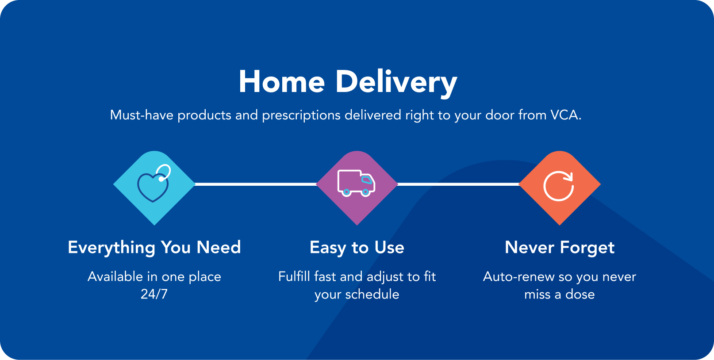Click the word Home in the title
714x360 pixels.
coord(282,82)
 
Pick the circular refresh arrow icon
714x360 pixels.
coord(559,186)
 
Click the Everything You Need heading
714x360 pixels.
coord(154,248)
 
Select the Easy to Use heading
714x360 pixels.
coord(357,248)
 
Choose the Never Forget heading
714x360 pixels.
coord(560,248)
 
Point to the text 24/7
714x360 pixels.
coord(154,294)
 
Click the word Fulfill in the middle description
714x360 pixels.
coord(294,277)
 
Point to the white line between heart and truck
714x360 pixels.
coord(256,184)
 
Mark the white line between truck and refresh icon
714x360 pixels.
coord(458,184)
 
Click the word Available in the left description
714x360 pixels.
coord(115,277)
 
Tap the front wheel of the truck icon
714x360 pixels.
coord(366,192)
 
